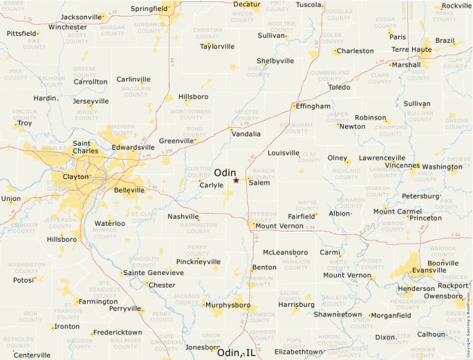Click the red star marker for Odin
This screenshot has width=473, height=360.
point(236,180)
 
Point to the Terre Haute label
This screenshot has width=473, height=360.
point(411,50)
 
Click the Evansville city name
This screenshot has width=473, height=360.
point(429,270)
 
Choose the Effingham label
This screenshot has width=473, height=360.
point(313,106)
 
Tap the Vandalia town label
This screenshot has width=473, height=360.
point(246,134)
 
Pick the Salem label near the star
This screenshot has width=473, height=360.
point(259,183)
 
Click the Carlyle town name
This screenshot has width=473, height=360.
point(212,185)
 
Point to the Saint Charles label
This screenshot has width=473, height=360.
point(86,147)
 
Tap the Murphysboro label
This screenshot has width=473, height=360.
point(226,305)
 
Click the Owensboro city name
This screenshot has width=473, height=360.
point(443,296)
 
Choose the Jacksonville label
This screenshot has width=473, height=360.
point(80,17)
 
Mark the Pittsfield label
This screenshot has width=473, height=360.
point(21,33)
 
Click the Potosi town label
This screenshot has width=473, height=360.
point(24,281)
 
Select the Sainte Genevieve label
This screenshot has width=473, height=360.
point(154,273)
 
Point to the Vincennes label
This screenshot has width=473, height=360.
point(402,166)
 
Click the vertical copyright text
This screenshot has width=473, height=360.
point(468,317)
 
